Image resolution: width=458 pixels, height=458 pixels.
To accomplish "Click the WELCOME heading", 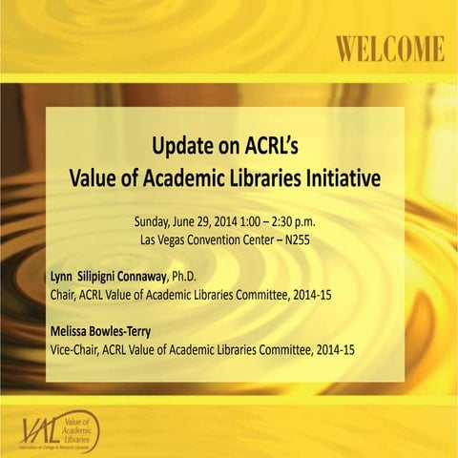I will click(x=388, y=48).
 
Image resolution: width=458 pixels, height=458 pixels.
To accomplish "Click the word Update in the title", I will click(x=179, y=147).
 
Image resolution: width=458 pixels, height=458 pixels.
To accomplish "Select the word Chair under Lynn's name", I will click(x=64, y=295).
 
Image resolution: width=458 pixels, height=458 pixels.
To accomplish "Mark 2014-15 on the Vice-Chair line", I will click(x=334, y=350).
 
